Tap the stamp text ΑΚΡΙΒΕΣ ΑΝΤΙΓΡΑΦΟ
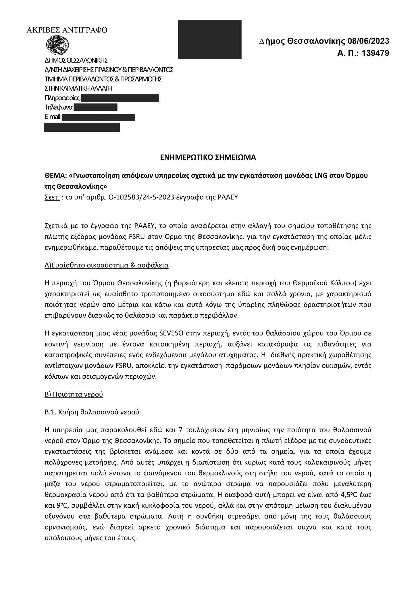click(67, 30)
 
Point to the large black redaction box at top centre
click(210, 40)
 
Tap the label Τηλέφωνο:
click(59, 107)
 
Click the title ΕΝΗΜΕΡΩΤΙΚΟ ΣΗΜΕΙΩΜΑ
click(208, 157)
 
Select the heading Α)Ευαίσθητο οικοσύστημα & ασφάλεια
click(107, 265)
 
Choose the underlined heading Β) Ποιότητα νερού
click(74, 394)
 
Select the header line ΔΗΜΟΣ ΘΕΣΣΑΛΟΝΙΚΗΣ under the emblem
click(76, 60)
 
